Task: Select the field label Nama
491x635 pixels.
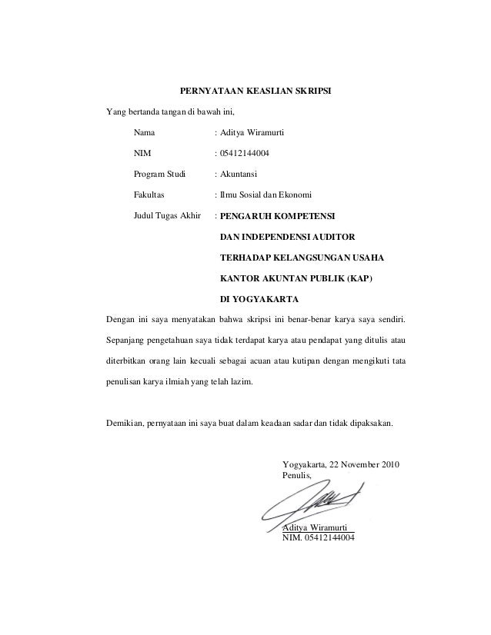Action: click(x=144, y=133)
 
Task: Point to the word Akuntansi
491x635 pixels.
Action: click(x=240, y=174)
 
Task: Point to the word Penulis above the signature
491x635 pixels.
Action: click(x=298, y=477)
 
